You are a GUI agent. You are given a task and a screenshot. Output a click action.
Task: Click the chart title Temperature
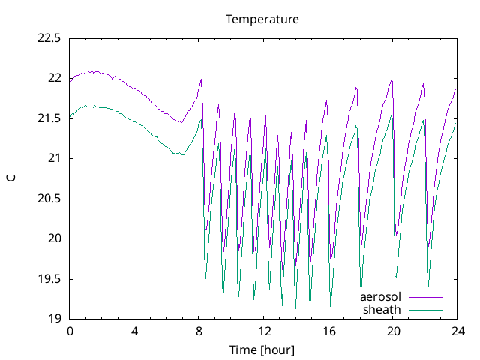coord(262,19)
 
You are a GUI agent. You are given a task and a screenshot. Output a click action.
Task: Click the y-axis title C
coord(10,178)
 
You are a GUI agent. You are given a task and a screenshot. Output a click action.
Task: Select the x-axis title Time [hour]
coord(262,349)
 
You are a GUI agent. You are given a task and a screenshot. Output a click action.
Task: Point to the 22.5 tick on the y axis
coord(49,37)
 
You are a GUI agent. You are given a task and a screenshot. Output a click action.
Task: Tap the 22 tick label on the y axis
coord(54,78)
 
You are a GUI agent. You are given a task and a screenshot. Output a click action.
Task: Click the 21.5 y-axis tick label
coord(49,118)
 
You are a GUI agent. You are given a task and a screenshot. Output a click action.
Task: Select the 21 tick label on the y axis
coord(54,158)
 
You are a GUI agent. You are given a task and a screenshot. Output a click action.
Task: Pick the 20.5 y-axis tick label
coord(49,199)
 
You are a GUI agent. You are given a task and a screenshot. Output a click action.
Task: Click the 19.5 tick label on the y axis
coord(49,279)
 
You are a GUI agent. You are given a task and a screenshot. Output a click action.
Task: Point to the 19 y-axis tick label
coord(54,319)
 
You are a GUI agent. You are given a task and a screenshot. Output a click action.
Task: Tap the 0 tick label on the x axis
coord(70,331)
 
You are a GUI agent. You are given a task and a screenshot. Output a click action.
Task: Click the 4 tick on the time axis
coord(135,331)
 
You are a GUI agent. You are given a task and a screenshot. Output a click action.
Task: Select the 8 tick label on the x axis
coord(199,331)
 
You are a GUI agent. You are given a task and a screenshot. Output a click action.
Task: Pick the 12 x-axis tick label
coord(264,331)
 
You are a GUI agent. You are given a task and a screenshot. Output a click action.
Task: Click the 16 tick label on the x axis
coord(328,331)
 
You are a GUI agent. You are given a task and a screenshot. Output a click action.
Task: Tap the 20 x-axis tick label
coord(393,331)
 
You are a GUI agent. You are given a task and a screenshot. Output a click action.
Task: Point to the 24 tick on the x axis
coord(457,331)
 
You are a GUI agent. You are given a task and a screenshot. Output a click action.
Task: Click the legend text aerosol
coord(381,297)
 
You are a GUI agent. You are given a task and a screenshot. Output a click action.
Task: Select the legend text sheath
coord(382,309)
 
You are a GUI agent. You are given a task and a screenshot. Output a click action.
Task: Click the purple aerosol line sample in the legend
coord(424,297)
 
